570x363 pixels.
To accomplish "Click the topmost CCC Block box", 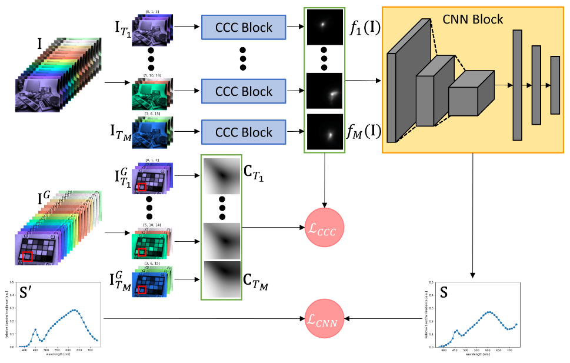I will [244, 27].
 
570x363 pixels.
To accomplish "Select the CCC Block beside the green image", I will [244, 91].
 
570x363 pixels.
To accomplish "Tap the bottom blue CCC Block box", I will [244, 131].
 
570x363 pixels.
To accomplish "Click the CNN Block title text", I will [474, 19].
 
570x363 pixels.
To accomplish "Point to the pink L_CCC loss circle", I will [324, 227].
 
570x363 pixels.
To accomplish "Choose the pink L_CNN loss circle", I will [324, 318].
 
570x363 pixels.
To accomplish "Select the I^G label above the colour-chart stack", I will [46, 199].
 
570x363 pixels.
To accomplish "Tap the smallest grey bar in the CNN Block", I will [555, 85].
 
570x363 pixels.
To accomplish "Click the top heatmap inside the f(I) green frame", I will [324, 26].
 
